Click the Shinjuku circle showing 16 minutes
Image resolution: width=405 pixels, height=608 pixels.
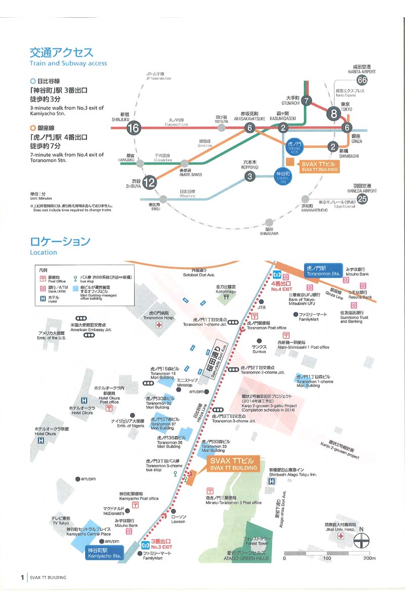click(x=134, y=128)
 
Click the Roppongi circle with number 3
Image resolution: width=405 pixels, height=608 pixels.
click(x=249, y=176)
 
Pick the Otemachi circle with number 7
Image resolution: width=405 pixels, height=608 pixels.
click(x=307, y=100)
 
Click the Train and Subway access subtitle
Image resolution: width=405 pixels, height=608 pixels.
click(x=68, y=63)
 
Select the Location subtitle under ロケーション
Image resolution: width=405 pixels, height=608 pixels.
click(x=44, y=252)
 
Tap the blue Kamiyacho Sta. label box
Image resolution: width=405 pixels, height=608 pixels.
click(x=104, y=551)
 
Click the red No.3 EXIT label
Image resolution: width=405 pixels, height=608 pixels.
click(x=156, y=544)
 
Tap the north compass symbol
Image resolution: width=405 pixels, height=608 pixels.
click(x=361, y=540)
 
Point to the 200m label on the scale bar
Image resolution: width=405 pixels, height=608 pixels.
click(x=369, y=558)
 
